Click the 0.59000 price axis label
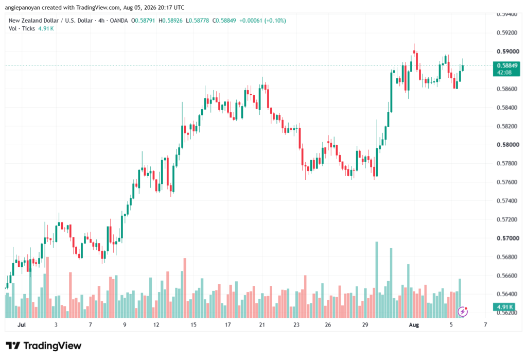[507, 52]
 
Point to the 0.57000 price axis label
[507, 238]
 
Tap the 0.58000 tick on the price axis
[507, 145]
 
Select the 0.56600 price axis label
[507, 276]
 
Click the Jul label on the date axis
[22, 324]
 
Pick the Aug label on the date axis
[414, 324]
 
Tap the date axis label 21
[262, 324]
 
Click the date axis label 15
[194, 324]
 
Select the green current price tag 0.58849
[506, 68]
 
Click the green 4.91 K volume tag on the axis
[504, 307]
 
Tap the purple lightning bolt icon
[463, 312]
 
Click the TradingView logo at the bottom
[44, 346]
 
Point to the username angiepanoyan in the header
[23, 7]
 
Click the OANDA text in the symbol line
[119, 21]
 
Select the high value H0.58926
[170, 21]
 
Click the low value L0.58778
[197, 21]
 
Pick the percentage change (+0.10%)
[275, 21]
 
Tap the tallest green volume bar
[377, 280]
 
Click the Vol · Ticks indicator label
[22, 29]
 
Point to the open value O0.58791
[143, 21]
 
